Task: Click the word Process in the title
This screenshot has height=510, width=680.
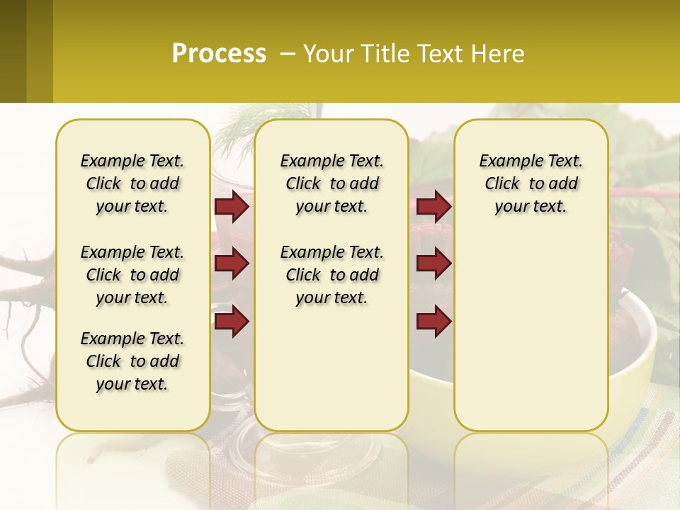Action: pos(219,53)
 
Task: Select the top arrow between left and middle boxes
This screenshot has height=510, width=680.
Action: pos(231,206)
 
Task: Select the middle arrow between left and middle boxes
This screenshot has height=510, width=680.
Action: pos(231,264)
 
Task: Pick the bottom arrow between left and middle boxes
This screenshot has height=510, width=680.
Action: pos(231,321)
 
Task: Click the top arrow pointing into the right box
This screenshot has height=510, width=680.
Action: pos(433,206)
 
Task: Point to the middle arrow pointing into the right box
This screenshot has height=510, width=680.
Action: pos(433,264)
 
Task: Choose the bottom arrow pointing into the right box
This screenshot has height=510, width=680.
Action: pos(433,321)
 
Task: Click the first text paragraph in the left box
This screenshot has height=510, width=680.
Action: pos(132,183)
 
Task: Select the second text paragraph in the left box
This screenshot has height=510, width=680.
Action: pos(132,275)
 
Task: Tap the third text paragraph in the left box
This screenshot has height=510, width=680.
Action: pos(132,361)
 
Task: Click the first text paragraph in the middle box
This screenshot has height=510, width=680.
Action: pos(332,183)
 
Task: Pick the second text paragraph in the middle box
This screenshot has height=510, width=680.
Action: pos(332,275)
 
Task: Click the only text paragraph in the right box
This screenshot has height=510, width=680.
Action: pos(531,183)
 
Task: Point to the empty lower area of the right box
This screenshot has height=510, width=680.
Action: pos(531,333)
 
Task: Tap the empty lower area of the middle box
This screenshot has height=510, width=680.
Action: pos(331,368)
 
